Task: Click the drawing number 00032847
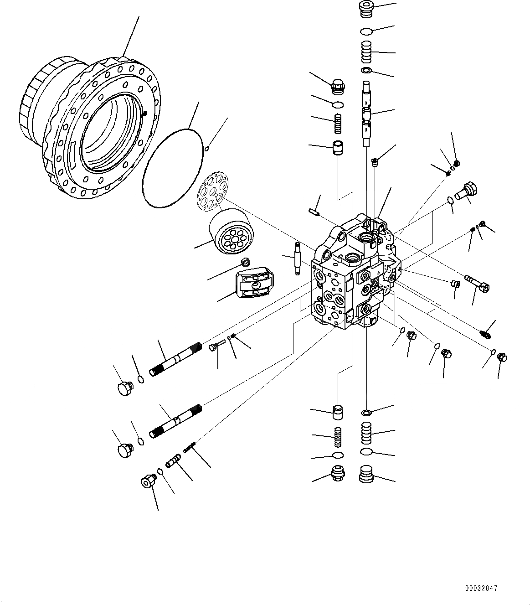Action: pyautogui.click(x=481, y=588)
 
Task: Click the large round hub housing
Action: pyautogui.click(x=91, y=128)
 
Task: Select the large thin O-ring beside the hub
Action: pyautogui.click(x=172, y=168)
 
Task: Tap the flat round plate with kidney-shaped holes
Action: pyautogui.click(x=213, y=191)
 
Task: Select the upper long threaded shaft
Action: pyautogui.click(x=175, y=360)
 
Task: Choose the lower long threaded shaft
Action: pyautogui.click(x=175, y=422)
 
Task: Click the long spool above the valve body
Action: pyautogui.click(x=367, y=113)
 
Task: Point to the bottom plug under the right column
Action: pyautogui.click(x=366, y=474)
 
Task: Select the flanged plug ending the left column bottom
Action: pyautogui.click(x=337, y=472)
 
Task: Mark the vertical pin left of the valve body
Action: pyautogui.click(x=297, y=258)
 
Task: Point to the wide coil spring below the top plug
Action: pyautogui.click(x=366, y=52)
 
